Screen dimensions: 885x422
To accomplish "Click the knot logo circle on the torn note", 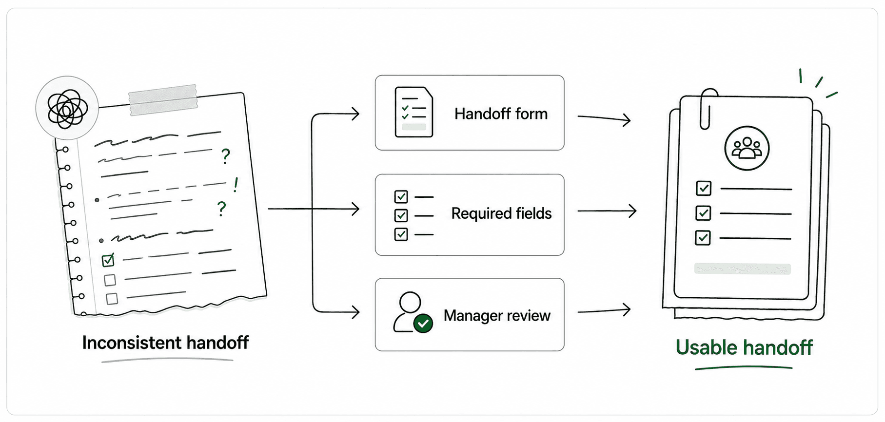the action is (x=67, y=108).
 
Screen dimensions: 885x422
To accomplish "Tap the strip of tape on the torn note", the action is (x=163, y=100).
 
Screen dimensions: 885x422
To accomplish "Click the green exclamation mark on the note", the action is (x=236, y=185).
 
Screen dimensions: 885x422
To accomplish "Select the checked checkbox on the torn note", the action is (x=108, y=260).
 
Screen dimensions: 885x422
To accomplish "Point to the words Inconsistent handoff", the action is (x=165, y=343).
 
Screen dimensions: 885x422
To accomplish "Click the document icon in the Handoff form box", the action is (x=413, y=112).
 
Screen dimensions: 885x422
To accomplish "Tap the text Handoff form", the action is (x=501, y=114).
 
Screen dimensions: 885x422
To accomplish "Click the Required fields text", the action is (x=501, y=213).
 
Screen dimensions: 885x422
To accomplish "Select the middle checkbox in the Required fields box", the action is (x=401, y=215).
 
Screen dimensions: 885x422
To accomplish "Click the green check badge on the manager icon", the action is (x=423, y=323).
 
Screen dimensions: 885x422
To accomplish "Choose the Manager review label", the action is (x=497, y=316).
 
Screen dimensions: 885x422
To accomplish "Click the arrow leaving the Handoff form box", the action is (x=604, y=118).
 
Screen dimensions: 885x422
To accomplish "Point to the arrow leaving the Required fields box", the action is (x=607, y=211).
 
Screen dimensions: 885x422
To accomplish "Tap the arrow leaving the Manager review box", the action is (x=604, y=310).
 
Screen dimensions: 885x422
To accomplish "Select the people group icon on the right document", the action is (x=747, y=148).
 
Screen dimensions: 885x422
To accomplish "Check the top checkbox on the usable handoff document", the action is (x=704, y=188).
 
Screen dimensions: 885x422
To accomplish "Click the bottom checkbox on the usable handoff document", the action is (x=703, y=238).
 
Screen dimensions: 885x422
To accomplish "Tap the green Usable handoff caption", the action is (x=744, y=348).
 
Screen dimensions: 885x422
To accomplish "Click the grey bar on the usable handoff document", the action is (x=743, y=269).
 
